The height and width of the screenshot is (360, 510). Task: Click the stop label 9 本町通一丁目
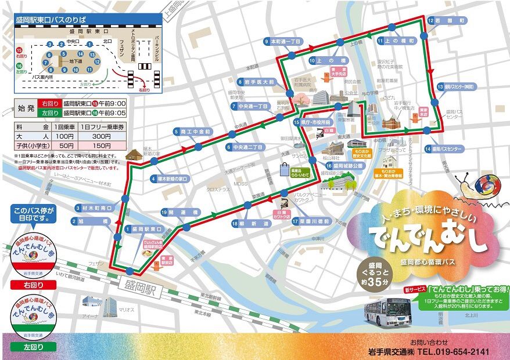283,42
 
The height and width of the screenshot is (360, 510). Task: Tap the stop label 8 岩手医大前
256,82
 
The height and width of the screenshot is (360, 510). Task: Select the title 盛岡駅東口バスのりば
52,19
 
